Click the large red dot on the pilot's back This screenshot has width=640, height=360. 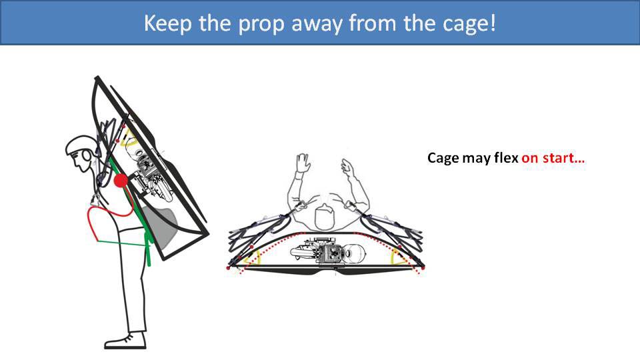coord(121,181)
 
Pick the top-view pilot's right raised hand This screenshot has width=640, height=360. coord(348,166)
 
